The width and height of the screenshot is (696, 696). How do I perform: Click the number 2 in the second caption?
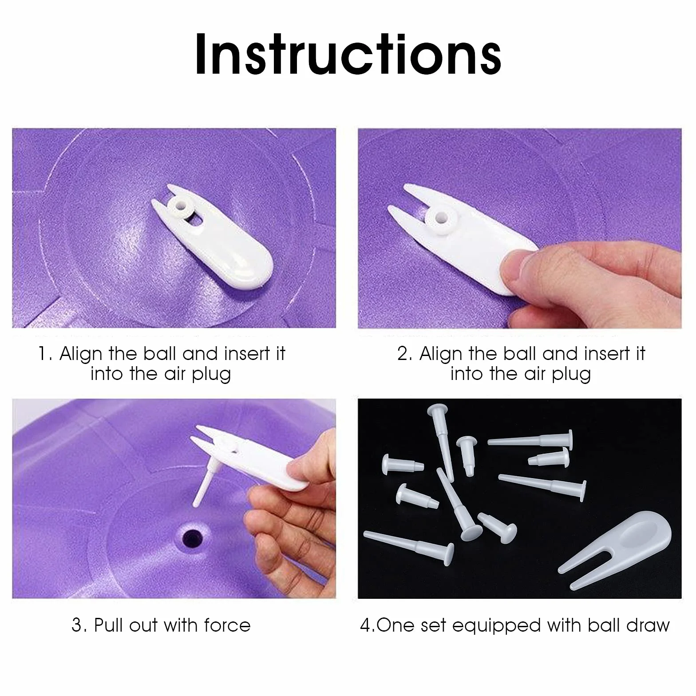coord(402,354)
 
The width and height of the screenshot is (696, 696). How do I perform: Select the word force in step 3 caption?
coord(227,625)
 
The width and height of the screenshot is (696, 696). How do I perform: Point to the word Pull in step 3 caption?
coord(109,625)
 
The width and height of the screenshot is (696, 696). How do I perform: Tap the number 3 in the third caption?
coord(76,625)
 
